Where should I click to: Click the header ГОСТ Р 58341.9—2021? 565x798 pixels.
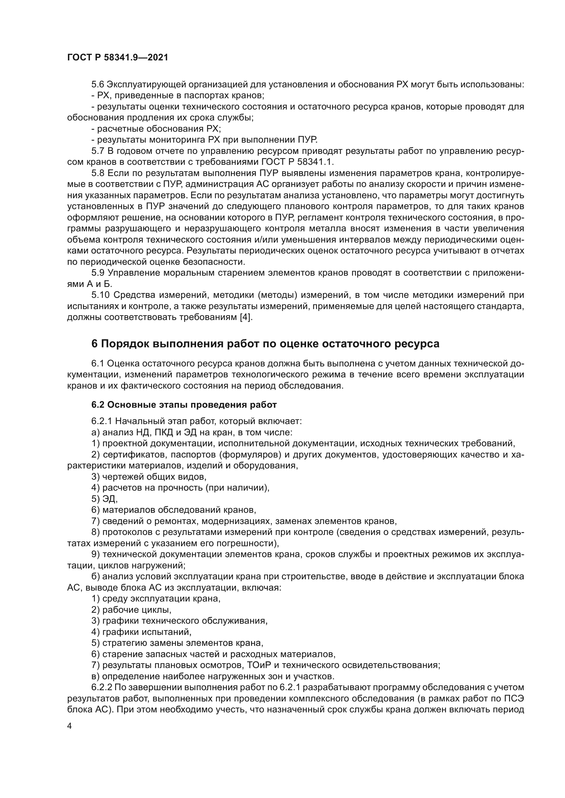[117, 57]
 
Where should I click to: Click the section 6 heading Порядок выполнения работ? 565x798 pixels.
[265, 344]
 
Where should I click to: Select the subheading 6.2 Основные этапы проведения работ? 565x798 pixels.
[184, 405]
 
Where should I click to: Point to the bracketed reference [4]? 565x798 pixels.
[245, 317]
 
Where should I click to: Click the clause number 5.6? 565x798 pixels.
[98, 85]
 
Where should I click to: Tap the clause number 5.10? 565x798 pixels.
[100, 295]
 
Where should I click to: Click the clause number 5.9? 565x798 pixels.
[98, 273]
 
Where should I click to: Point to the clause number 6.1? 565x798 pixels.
[98, 364]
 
